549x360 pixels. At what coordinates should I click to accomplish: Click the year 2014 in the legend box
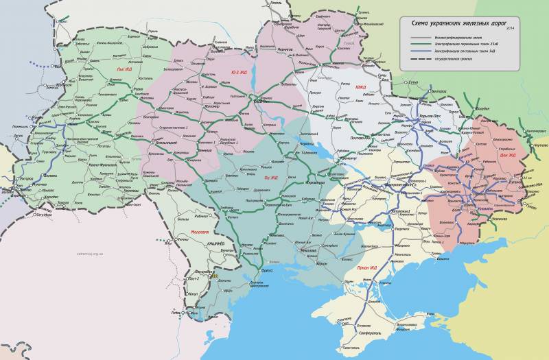(x=509, y=28)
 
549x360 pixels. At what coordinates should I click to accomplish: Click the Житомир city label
(x=210, y=107)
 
